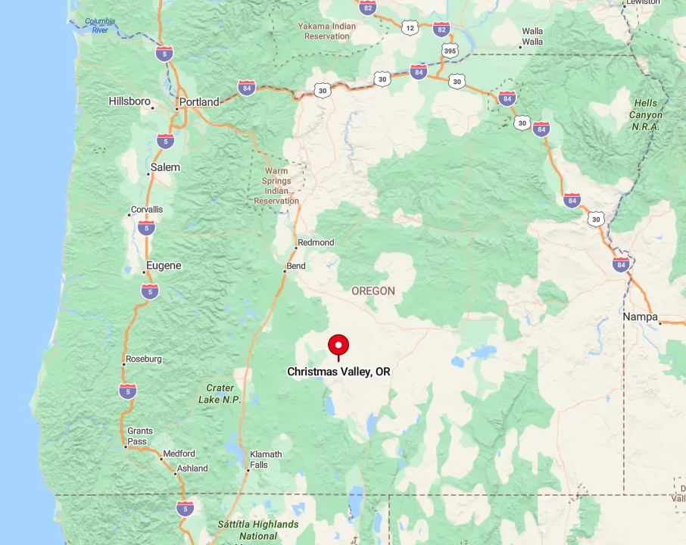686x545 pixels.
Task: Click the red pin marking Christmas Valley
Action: tap(338, 346)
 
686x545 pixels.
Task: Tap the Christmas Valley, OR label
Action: tap(338, 372)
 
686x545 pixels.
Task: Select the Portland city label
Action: tap(199, 102)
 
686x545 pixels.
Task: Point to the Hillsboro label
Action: tap(129, 101)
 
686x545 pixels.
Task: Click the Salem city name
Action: tap(165, 167)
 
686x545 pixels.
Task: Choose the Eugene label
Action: tap(164, 266)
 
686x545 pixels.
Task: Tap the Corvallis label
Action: tap(147, 210)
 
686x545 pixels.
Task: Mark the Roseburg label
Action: tap(144, 359)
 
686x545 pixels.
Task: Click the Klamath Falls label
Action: tap(265, 459)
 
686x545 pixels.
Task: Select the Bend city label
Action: tap(296, 266)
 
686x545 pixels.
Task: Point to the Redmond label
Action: tap(316, 242)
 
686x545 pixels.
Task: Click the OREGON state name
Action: tap(373, 291)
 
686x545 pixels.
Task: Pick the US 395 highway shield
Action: tap(450, 51)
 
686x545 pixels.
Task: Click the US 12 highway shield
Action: tap(410, 28)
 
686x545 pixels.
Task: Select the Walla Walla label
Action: tap(532, 36)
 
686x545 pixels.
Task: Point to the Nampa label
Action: tap(640, 317)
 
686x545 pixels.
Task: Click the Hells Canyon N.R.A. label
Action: tap(646, 115)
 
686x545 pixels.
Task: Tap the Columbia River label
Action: tap(100, 26)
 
